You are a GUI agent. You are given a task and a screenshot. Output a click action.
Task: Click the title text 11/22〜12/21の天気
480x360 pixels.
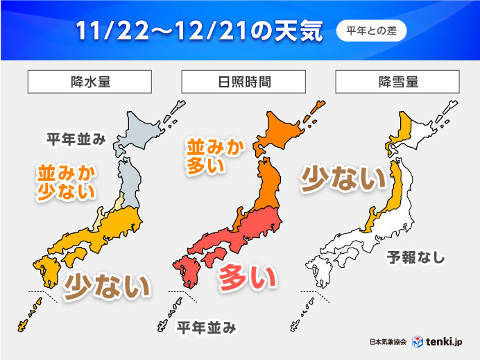[x=196, y=31]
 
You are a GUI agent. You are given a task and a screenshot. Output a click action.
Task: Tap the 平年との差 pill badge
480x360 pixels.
[x=371, y=31]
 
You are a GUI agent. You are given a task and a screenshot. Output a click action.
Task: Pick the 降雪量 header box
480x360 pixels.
[x=398, y=82]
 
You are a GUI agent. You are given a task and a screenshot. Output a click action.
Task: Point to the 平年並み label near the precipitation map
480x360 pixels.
[x=76, y=140]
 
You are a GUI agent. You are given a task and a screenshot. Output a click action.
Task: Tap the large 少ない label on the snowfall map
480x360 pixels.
[x=342, y=180]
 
